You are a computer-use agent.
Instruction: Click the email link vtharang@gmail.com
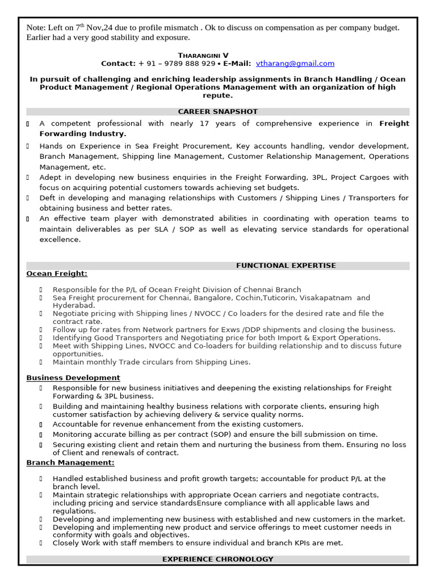coord(295,64)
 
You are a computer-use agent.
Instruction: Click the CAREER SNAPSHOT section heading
coord(217,112)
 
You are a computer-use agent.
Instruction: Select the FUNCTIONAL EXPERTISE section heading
coord(286,266)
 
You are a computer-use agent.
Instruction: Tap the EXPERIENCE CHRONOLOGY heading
coord(217,559)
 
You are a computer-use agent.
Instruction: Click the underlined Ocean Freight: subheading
coord(57,273)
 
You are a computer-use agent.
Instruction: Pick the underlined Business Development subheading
coord(73,378)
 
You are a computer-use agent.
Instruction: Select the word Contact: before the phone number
coord(118,64)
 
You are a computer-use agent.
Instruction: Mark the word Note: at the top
coord(36,28)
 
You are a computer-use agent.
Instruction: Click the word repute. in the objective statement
coord(217,96)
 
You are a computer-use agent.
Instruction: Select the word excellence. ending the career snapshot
coord(60,239)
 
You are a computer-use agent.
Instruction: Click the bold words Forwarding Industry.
coord(82,134)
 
